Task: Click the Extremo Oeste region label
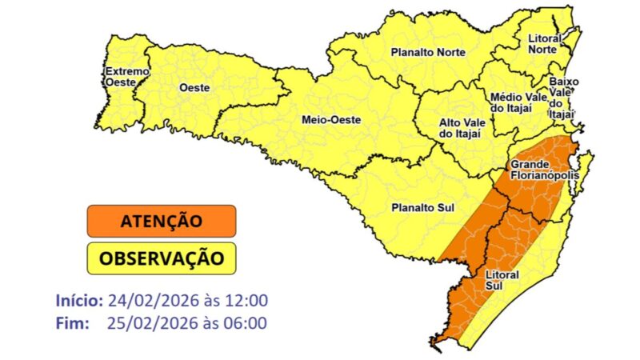point(126,76)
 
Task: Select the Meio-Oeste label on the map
point(330,120)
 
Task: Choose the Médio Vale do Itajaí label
point(517,102)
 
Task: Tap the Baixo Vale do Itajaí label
point(564,98)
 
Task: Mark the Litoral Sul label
point(502,280)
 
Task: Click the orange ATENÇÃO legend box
point(162,221)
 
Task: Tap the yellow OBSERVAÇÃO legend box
point(162,258)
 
